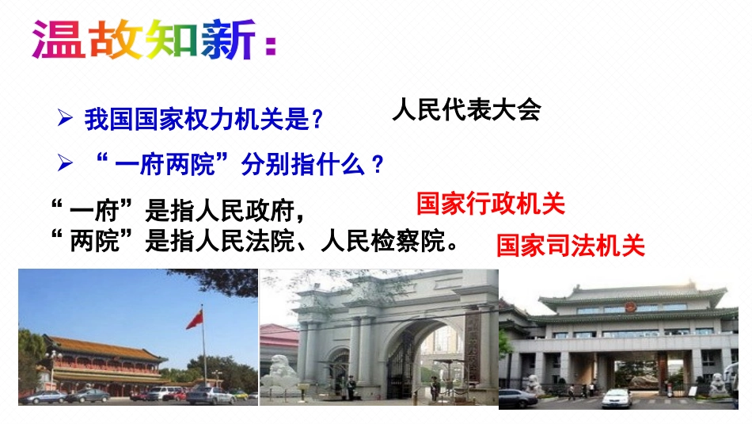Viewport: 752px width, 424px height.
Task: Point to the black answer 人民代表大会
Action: coord(465,110)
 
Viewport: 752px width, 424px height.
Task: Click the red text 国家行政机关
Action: coord(490,204)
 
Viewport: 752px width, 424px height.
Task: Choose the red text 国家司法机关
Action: coord(570,245)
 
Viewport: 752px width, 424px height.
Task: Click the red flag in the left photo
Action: coord(195,319)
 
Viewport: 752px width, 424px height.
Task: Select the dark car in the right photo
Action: coord(518,397)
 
